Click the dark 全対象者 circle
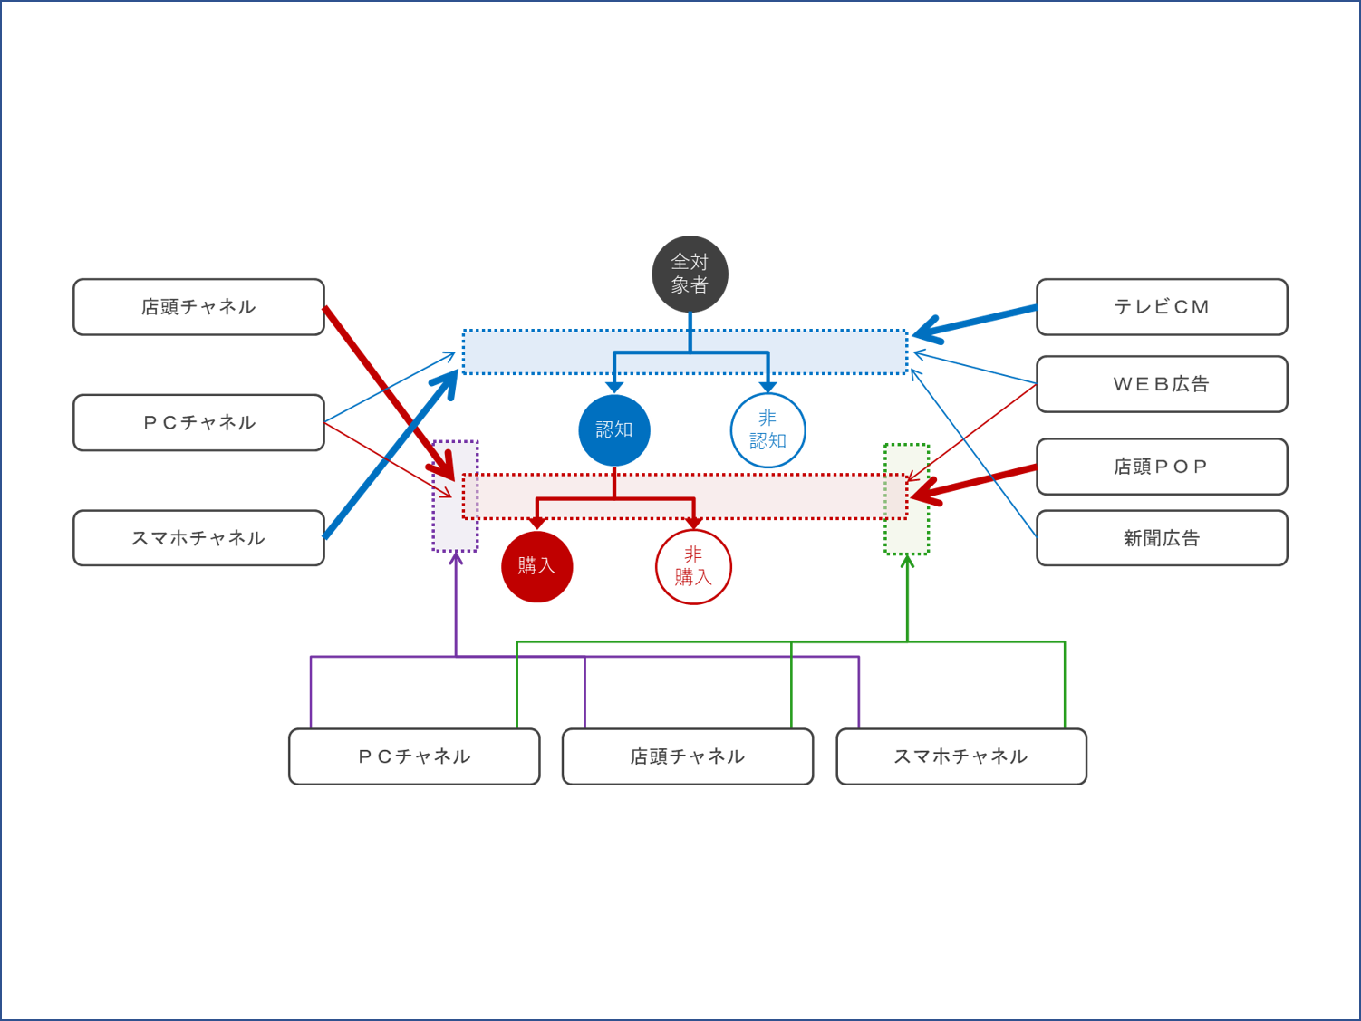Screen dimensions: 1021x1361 click(x=690, y=274)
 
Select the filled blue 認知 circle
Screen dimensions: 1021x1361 click(x=614, y=429)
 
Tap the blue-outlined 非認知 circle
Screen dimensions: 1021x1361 click(x=767, y=429)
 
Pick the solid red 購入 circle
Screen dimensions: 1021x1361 click(x=536, y=566)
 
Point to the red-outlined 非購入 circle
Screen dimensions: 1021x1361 click(x=693, y=566)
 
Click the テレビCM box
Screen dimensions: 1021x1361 click(x=1161, y=307)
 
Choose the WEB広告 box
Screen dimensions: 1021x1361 click(x=1161, y=384)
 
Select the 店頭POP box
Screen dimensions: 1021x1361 click(x=1161, y=467)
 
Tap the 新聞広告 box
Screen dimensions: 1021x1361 click(x=1161, y=538)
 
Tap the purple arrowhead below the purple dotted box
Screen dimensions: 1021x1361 click(x=456, y=559)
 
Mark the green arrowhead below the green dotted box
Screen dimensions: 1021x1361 click(x=907, y=562)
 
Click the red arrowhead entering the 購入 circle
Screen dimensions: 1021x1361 click(x=537, y=523)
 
